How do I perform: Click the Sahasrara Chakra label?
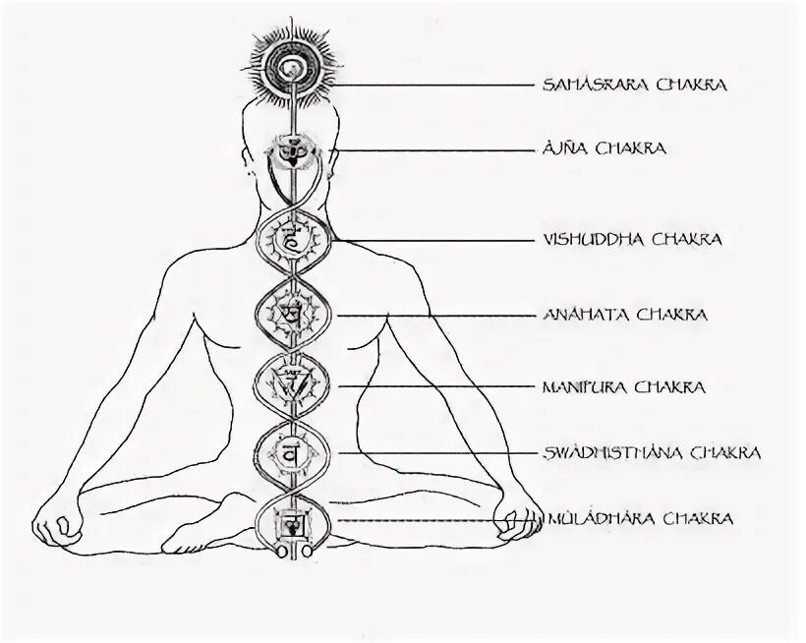click(x=634, y=85)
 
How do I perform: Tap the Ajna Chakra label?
click(x=604, y=148)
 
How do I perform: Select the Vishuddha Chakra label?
click(x=632, y=239)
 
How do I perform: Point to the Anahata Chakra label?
click(x=624, y=315)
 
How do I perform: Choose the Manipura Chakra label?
click(x=623, y=387)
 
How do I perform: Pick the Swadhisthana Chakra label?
click(x=651, y=453)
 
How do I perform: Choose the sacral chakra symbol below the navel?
click(x=290, y=453)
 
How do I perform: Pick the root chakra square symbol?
click(x=290, y=520)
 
